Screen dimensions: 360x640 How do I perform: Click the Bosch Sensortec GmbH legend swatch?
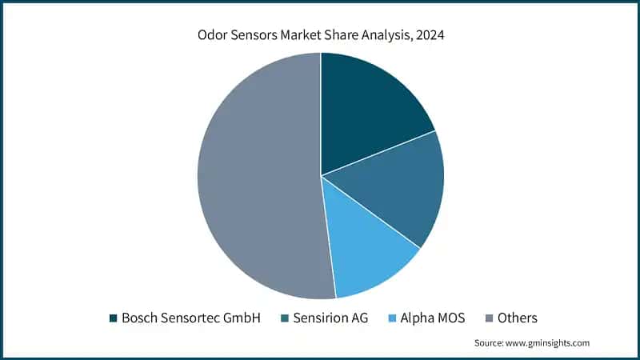[x=113, y=318]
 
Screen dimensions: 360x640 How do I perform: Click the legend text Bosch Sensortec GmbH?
[x=191, y=318]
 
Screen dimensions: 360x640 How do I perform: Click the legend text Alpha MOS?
[x=432, y=318]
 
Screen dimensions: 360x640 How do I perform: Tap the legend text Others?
[x=518, y=318]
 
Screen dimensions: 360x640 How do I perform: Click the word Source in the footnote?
[x=489, y=343]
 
